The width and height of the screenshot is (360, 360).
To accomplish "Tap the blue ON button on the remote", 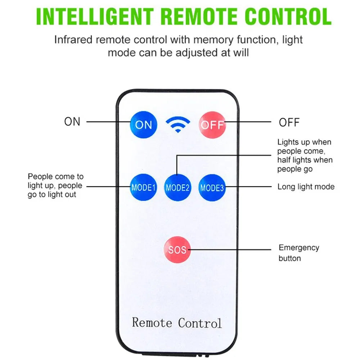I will [143, 125].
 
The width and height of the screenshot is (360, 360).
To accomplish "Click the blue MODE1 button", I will [143, 187].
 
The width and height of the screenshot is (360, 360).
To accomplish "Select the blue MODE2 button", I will [177, 187].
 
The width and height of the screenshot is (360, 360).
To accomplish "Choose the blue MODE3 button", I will [212, 187].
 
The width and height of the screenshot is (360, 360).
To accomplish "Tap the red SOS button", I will [177, 249].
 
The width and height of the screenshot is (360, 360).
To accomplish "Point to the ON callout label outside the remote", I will [72, 122].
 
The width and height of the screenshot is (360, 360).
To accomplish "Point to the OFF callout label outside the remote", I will [289, 122].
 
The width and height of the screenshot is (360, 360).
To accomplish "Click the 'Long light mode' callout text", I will [306, 186].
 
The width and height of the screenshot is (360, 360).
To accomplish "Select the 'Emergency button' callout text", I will [299, 253].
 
